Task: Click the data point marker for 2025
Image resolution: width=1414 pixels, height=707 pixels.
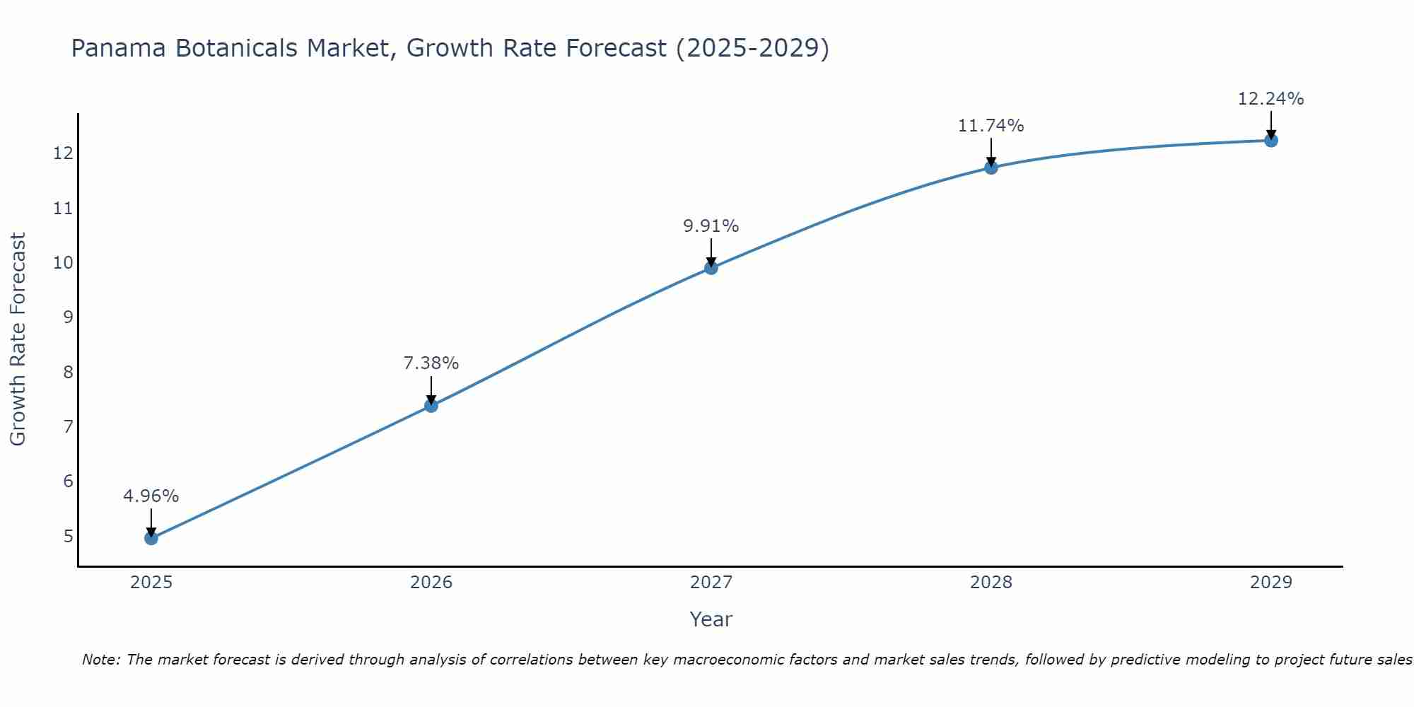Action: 151,538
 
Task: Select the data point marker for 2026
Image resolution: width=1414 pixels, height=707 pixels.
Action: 431,406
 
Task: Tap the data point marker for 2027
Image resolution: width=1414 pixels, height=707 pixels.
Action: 711,268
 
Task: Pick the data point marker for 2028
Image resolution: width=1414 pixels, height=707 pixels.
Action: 991,168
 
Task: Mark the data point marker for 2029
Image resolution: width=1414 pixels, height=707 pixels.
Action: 1271,141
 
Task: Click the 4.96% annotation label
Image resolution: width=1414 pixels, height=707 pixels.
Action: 151,496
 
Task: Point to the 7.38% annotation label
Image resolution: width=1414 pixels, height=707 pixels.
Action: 431,363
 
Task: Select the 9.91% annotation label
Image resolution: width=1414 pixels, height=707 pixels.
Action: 711,226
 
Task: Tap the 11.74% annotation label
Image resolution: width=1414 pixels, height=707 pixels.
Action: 991,126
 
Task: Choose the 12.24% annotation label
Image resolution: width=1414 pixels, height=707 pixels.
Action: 1271,99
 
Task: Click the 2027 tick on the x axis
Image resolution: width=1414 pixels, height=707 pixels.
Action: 711,583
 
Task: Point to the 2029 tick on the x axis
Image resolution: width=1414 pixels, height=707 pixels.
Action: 1271,583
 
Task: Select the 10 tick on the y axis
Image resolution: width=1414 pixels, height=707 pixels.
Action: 64,263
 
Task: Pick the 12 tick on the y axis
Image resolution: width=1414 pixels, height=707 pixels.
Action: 64,153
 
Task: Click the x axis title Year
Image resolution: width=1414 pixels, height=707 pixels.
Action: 711,619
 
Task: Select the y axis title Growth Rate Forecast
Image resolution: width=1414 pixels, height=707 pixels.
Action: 18,339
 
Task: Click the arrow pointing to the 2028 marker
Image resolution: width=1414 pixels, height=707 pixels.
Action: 991,151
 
